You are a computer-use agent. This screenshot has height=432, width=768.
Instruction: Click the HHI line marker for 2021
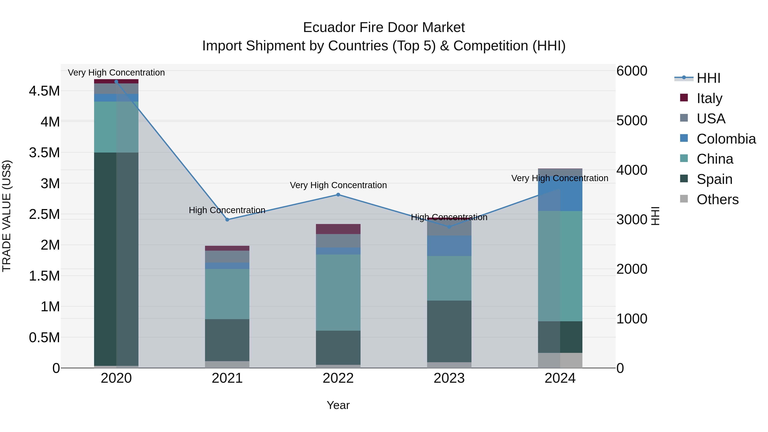tap(227, 220)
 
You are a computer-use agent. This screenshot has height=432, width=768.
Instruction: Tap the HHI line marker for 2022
tap(338, 195)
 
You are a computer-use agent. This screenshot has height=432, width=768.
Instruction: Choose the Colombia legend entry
tap(726, 139)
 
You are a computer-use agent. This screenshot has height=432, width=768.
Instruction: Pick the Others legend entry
tap(717, 199)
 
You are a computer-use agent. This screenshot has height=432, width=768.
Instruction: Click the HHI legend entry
tap(708, 78)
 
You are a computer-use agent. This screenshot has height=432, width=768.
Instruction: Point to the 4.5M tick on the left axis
tap(44, 91)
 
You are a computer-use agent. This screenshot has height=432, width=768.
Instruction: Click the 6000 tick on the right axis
tap(632, 71)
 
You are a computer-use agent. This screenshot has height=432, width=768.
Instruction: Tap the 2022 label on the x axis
tap(338, 378)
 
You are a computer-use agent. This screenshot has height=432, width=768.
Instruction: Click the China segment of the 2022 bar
tap(338, 292)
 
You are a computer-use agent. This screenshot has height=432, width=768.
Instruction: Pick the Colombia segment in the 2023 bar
tap(449, 246)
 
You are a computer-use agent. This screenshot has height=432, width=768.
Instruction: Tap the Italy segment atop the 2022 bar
tap(338, 229)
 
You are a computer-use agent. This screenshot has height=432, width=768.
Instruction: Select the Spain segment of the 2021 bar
tap(227, 340)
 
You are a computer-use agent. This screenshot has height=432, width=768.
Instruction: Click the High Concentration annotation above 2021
tap(227, 210)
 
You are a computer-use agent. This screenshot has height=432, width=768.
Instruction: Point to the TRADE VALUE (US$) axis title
tap(7, 216)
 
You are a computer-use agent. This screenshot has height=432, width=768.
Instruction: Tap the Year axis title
tap(338, 405)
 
